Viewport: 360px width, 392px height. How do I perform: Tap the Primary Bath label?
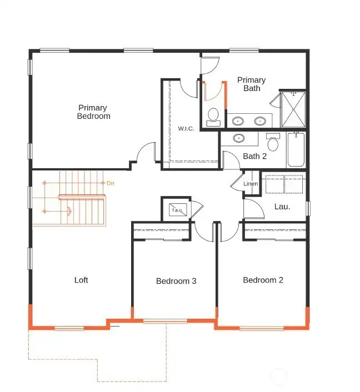[x=252, y=84]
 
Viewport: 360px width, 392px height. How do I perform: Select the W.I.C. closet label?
[x=186, y=129]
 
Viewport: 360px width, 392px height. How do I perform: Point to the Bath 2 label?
[x=254, y=156]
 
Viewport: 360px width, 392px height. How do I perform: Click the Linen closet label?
[x=251, y=184]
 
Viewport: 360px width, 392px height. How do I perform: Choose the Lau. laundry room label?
[x=282, y=207]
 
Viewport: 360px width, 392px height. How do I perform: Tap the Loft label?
[x=81, y=280]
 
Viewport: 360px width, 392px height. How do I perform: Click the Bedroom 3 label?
[x=176, y=281]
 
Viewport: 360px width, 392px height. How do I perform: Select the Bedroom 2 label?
[x=263, y=280]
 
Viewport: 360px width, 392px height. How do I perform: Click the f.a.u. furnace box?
[x=177, y=210]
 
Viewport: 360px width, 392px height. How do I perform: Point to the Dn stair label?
[x=111, y=183]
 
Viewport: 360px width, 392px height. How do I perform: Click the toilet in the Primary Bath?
[x=213, y=117]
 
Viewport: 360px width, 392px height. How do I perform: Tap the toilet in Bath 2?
[x=273, y=143]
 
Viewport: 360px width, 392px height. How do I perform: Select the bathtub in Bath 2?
[x=296, y=150]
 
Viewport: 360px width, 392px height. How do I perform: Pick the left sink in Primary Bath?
[x=238, y=120]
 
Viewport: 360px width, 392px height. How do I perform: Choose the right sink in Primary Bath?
[x=259, y=120]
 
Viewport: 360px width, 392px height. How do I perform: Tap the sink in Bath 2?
[x=238, y=138]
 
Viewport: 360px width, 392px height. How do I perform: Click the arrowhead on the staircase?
[x=69, y=211]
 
